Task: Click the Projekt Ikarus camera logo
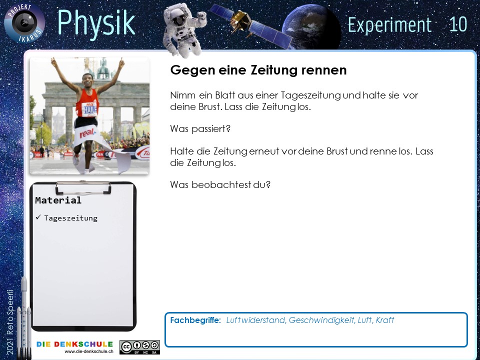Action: coord(24,23)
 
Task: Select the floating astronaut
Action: coord(184,29)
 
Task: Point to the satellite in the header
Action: coord(251,25)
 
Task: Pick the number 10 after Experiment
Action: coord(458,24)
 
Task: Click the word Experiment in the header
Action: coord(389,25)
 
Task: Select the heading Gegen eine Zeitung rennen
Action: coord(258,70)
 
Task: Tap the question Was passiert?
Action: coord(200,129)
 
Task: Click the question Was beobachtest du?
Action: coord(220,185)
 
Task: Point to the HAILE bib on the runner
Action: coord(89,108)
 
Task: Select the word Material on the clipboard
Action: coord(58,200)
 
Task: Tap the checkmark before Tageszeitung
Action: coord(38,217)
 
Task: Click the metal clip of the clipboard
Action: coord(83,187)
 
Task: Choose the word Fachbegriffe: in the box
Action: coord(195,320)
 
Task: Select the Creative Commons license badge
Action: coord(139,347)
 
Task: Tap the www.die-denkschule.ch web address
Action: coord(89,351)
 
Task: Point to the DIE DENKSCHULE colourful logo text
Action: coord(74,344)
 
